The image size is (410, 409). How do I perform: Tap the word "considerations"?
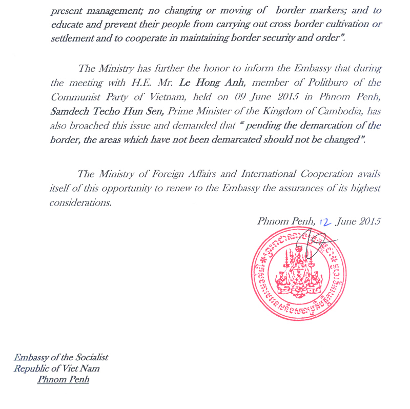pyautogui.click(x=80, y=202)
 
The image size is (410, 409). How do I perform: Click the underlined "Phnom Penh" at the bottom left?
pyautogui.click(x=63, y=380)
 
